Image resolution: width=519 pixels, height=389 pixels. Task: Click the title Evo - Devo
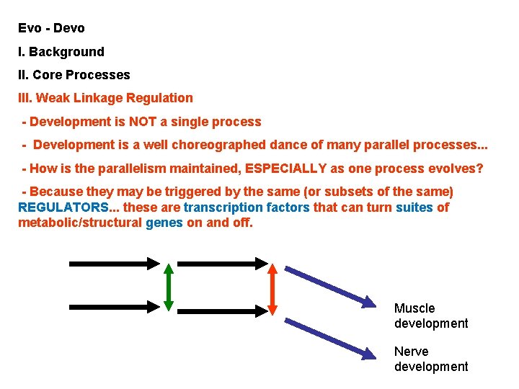coord(52,29)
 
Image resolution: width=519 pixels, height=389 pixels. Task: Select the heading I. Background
coord(61,52)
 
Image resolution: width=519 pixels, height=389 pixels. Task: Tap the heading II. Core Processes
coord(74,75)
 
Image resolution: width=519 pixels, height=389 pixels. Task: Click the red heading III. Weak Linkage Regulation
coord(106,98)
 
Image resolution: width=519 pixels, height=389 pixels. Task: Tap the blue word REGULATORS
coord(61,207)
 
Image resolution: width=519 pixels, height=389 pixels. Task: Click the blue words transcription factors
coord(247,207)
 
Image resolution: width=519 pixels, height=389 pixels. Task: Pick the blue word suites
coord(414,207)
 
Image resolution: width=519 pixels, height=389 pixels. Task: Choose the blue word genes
coord(164,223)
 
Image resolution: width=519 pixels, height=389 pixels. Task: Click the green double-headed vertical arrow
coord(168,287)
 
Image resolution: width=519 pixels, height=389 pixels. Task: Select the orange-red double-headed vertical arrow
coord(273,287)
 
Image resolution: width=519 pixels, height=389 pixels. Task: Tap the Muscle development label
coord(431,316)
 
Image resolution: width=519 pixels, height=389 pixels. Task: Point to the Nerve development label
coord(431,359)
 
